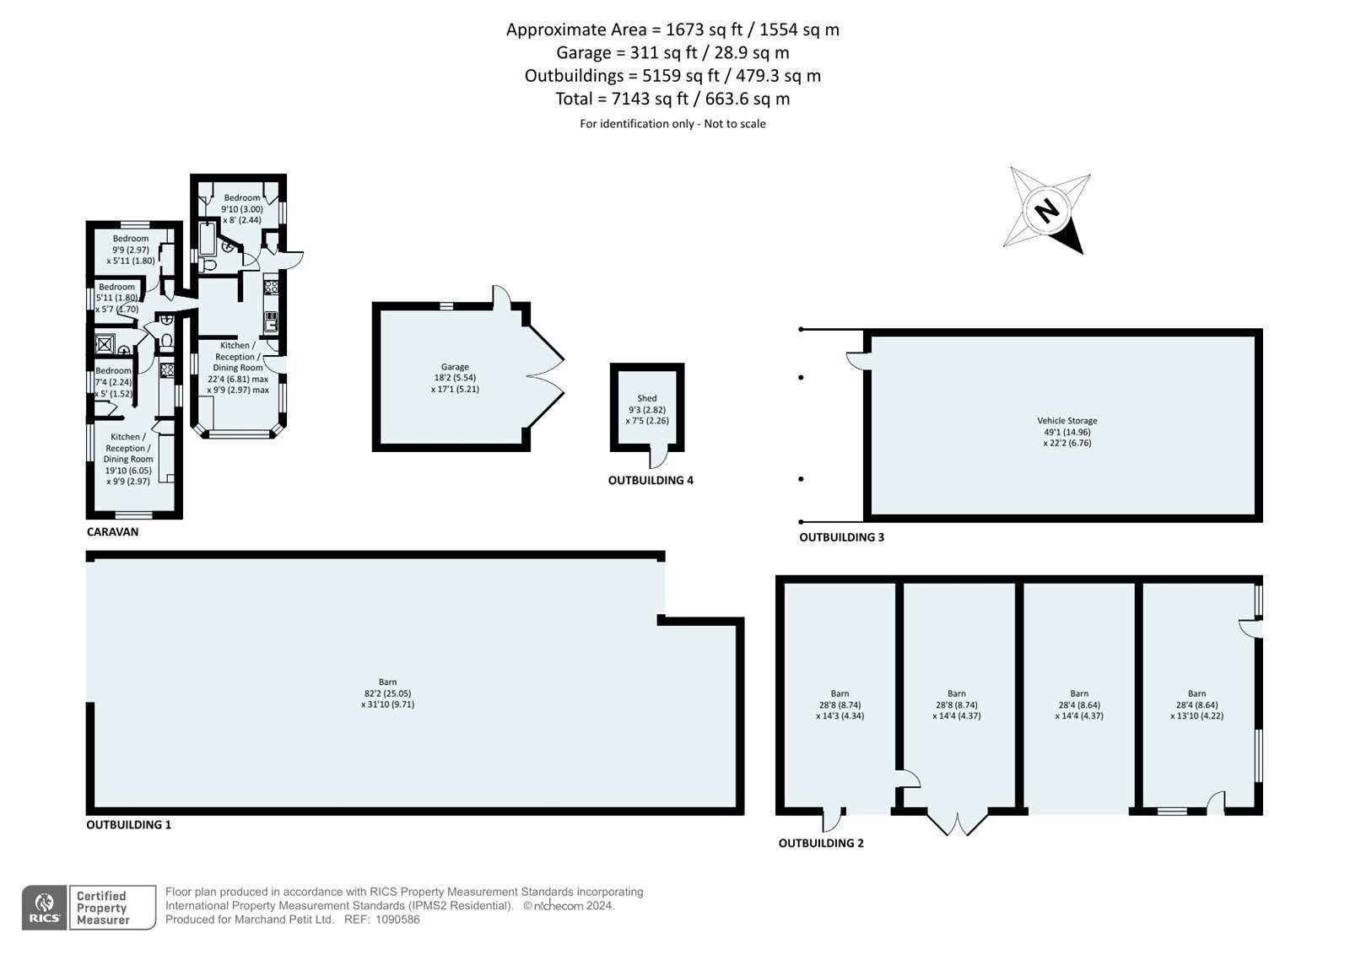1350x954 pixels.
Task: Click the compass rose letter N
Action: [x=1047, y=211]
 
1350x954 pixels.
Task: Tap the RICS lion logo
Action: [x=44, y=907]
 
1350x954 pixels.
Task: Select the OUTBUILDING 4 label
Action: [x=651, y=480]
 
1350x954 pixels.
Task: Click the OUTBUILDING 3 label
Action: [x=841, y=537]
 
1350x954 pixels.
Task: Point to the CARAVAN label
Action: [x=113, y=531]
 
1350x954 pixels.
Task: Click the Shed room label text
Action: [x=646, y=398]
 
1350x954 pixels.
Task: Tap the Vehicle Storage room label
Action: [x=1066, y=421]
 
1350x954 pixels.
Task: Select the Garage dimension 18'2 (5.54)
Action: [x=455, y=378]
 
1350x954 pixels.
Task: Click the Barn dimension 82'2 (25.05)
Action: [x=387, y=693]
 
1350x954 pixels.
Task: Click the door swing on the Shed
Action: [x=658, y=456]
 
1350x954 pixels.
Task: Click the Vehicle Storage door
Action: [x=857, y=360]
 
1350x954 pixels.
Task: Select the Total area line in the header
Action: [x=672, y=98]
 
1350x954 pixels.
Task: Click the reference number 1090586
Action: [x=397, y=919]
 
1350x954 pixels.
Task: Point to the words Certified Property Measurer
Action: [x=102, y=908]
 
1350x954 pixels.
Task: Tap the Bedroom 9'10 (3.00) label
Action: [x=241, y=208]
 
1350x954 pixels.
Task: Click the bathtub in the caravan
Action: [x=207, y=239]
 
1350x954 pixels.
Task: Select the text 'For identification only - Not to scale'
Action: [x=672, y=123]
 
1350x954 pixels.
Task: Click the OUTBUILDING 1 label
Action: [x=128, y=824]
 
